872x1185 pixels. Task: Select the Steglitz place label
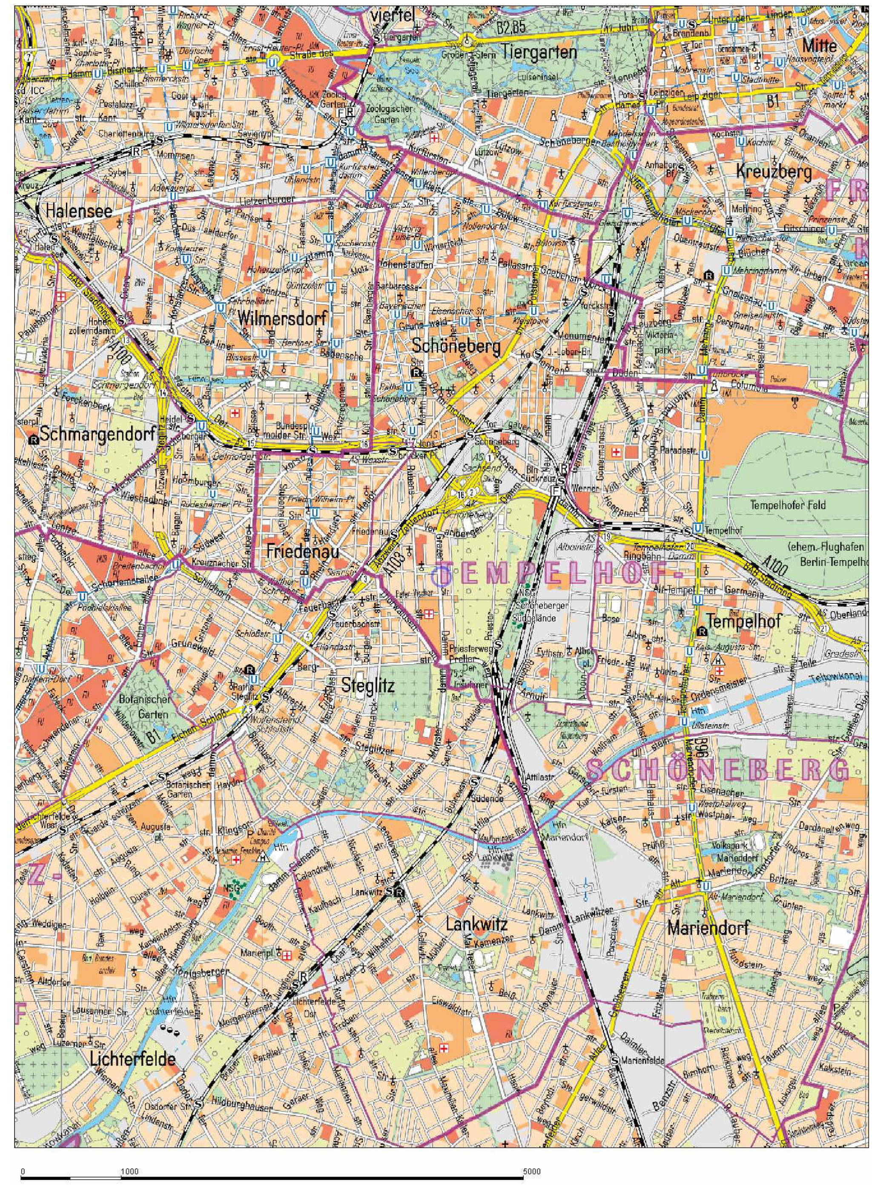pyautogui.click(x=368, y=685)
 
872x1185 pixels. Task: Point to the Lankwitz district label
pyautogui.click(x=476, y=924)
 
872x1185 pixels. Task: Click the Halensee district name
pyautogui.click(x=79, y=211)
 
